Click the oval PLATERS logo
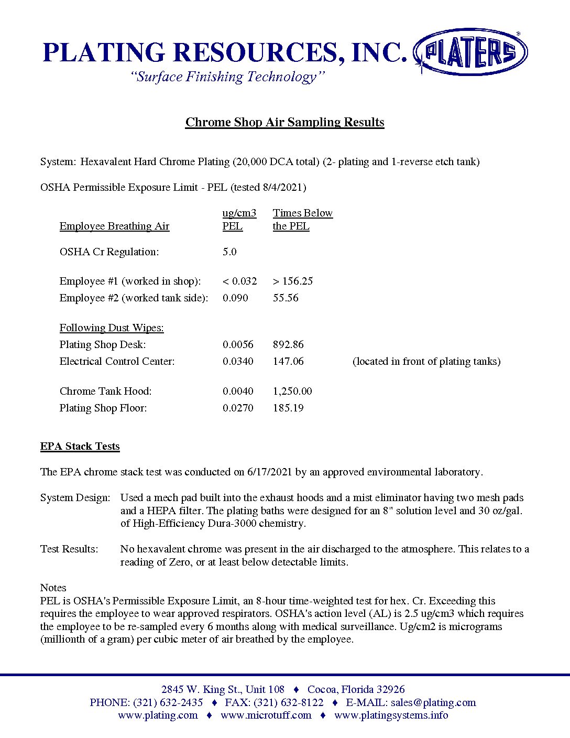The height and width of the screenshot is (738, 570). [x=470, y=52]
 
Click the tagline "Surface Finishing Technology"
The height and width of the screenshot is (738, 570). [x=228, y=77]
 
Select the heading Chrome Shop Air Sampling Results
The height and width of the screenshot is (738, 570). [x=284, y=122]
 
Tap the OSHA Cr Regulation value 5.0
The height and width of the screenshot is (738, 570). [x=229, y=252]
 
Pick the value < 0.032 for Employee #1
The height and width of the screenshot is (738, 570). [x=239, y=281]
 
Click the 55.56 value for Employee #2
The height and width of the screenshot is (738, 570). [x=286, y=298]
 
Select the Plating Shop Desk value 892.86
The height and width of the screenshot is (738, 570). [x=288, y=344]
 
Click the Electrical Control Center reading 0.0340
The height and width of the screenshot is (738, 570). [x=238, y=361]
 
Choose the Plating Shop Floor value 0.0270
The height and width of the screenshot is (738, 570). [x=238, y=408]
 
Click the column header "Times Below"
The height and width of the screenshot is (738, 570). [x=302, y=213]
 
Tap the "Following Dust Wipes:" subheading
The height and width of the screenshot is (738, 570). [x=112, y=328]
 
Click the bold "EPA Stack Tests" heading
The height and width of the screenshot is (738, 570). [x=80, y=446]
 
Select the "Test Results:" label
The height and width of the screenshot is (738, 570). [x=69, y=549]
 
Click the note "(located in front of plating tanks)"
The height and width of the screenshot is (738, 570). [x=426, y=361]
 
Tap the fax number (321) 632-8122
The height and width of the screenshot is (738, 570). [x=289, y=702]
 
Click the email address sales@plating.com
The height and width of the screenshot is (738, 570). [x=433, y=702]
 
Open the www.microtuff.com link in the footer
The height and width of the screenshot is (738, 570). [x=266, y=715]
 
